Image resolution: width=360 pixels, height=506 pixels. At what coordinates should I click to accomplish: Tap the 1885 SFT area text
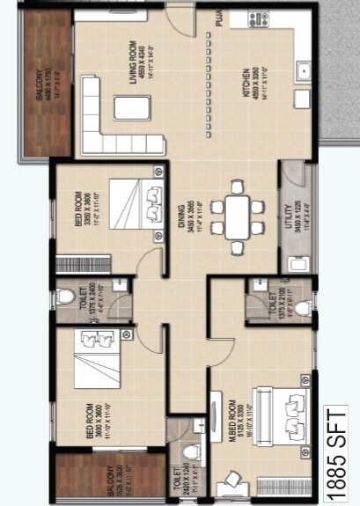[x=338, y=451]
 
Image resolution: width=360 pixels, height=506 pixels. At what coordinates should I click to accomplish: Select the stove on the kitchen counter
[x=261, y=18]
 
